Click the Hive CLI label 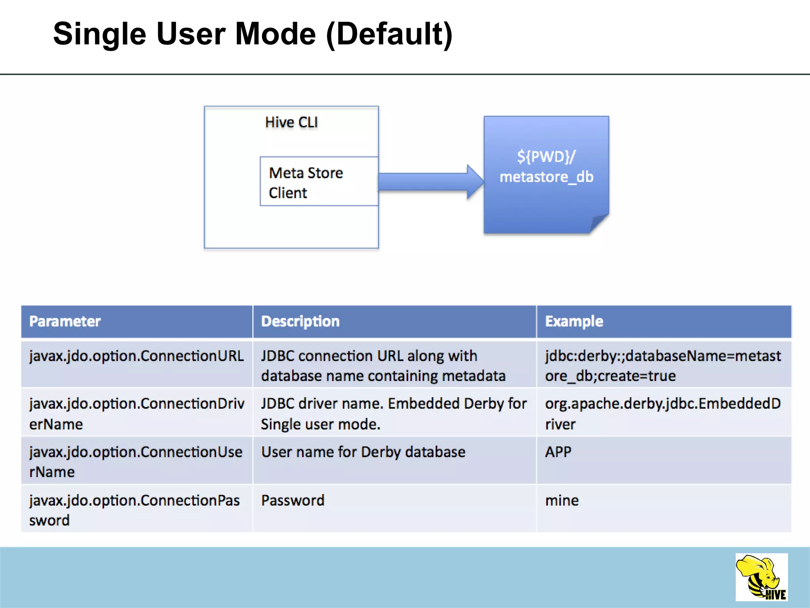[291, 122]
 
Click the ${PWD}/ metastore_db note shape [546, 174]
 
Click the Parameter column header [65, 321]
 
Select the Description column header [300, 321]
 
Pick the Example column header [574, 321]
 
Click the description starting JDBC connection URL [383, 366]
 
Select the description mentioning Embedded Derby [394, 414]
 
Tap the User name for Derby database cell [363, 452]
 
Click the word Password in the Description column [293, 501]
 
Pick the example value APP [558, 452]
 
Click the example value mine [562, 501]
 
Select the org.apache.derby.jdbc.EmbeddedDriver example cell [663, 414]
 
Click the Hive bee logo [761, 577]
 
